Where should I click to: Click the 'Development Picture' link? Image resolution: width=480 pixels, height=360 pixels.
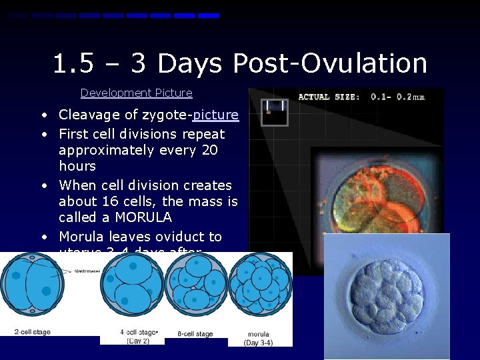(x=136, y=93)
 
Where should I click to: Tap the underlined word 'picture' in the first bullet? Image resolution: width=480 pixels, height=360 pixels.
(x=215, y=115)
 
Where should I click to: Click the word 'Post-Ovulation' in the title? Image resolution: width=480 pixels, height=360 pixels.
(x=330, y=64)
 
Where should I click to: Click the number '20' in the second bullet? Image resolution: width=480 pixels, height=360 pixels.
(x=209, y=150)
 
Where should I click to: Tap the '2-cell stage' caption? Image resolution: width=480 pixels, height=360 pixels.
(x=31, y=331)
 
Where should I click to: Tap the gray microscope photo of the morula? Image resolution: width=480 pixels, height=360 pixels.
(x=387, y=296)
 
